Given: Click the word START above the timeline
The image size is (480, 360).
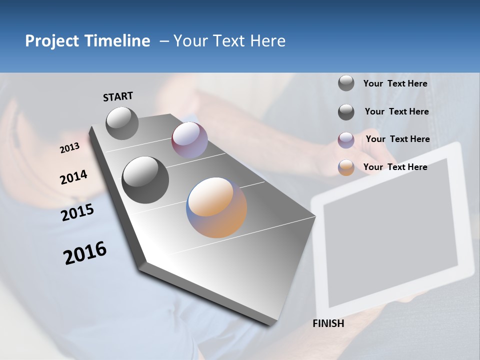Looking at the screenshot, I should pyautogui.click(x=118, y=96).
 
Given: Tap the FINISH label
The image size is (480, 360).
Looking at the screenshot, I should pyautogui.click(x=328, y=323).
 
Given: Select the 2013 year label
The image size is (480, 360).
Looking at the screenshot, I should pyautogui.click(x=70, y=148).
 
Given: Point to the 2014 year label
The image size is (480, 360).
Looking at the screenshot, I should pyautogui.click(x=74, y=177).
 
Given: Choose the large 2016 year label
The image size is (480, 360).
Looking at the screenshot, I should pyautogui.click(x=85, y=253).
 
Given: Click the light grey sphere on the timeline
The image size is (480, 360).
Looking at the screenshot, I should pyautogui.click(x=122, y=123).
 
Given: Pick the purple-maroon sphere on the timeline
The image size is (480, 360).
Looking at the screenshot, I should pyautogui.click(x=189, y=140).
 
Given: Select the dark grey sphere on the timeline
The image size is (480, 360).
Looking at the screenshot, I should pyautogui.click(x=145, y=180).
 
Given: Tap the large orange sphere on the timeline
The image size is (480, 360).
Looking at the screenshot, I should pyautogui.click(x=216, y=207).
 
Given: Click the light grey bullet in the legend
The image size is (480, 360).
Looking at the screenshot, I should pyautogui.click(x=346, y=83).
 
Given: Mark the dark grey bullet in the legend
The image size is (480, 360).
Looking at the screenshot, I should pyautogui.click(x=346, y=112).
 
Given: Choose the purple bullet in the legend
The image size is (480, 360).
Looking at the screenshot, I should pyautogui.click(x=346, y=140).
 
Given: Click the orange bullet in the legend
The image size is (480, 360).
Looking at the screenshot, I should pyautogui.click(x=346, y=167).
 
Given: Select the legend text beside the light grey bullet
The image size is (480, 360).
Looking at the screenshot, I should pyautogui.click(x=395, y=84).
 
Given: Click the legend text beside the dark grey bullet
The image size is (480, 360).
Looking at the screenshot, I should pyautogui.click(x=396, y=111).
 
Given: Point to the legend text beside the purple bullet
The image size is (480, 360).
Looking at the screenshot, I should pyautogui.click(x=397, y=139).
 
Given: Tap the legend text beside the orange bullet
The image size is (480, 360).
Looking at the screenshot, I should pyautogui.click(x=395, y=167).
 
